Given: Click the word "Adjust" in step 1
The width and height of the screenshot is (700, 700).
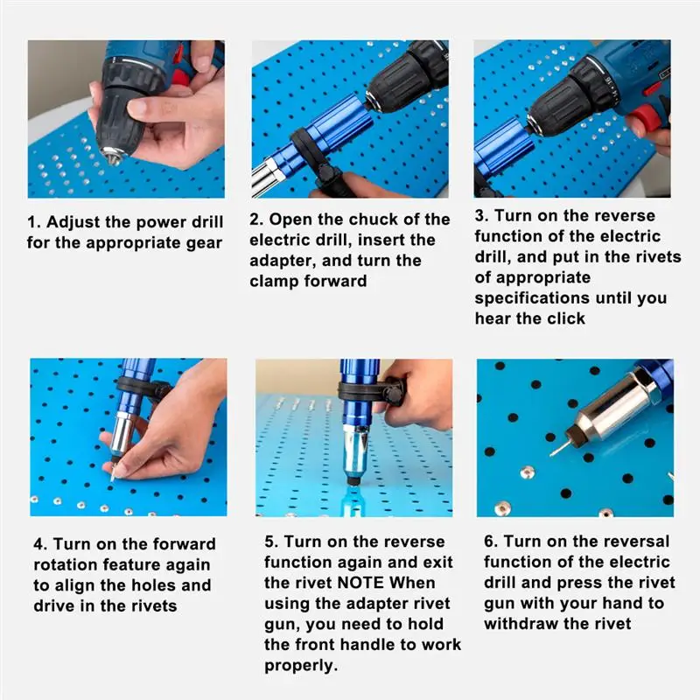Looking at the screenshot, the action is pyautogui.click(x=73, y=223).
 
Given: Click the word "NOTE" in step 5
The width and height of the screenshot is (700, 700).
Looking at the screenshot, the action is pyautogui.click(x=360, y=583).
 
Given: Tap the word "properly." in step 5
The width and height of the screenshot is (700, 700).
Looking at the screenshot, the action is pyautogui.click(x=301, y=666).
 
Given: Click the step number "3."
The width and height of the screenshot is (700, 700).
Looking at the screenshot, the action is pyautogui.click(x=482, y=216).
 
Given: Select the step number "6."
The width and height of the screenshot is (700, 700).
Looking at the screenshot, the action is pyautogui.click(x=491, y=542).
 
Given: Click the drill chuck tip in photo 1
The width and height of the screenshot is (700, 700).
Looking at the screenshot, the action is pyautogui.click(x=113, y=157).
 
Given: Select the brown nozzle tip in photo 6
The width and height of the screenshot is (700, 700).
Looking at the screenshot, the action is pyautogui.click(x=574, y=435).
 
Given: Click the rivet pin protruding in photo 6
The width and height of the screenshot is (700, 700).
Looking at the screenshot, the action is pyautogui.click(x=558, y=448).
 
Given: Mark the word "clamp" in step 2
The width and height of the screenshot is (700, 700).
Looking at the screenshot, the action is pyautogui.click(x=274, y=282).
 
